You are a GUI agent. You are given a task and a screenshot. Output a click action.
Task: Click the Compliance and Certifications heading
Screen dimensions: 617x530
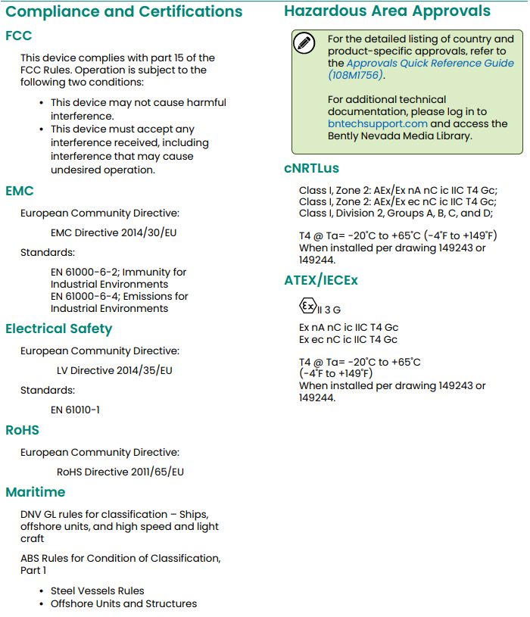(x=124, y=12)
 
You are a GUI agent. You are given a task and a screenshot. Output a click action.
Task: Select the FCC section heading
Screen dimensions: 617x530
(x=19, y=36)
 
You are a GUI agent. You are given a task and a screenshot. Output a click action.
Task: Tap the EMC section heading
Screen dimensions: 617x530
(x=20, y=192)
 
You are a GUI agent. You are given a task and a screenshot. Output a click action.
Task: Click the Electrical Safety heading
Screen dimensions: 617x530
(x=58, y=329)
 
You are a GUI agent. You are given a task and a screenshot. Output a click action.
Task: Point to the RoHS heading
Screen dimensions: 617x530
(x=22, y=430)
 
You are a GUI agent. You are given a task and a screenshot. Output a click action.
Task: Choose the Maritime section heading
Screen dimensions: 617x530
(x=36, y=492)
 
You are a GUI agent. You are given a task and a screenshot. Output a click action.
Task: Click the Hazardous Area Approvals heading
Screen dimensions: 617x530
(x=387, y=11)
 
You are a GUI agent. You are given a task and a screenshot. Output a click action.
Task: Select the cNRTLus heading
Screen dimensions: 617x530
(x=311, y=168)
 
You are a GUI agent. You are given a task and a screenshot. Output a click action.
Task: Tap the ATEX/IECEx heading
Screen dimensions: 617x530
(x=321, y=280)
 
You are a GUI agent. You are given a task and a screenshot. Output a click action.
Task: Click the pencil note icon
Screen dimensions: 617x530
(x=304, y=43)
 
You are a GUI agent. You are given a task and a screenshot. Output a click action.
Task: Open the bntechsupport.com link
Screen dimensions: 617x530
(x=378, y=123)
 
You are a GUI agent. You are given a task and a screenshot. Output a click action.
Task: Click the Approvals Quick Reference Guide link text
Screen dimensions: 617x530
(x=429, y=64)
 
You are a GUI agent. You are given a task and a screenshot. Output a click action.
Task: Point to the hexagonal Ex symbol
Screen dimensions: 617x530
(x=307, y=307)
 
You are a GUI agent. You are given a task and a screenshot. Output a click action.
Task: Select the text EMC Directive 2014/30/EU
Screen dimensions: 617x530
(x=114, y=232)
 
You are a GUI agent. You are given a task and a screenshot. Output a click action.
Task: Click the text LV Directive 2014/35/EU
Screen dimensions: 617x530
(x=114, y=371)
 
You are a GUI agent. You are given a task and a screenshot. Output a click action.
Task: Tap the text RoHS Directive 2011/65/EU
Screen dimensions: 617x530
(x=120, y=472)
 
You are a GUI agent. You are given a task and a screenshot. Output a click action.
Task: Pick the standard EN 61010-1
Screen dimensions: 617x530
(x=75, y=410)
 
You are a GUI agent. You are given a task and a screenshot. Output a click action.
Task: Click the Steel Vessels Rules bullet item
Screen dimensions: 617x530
(x=97, y=591)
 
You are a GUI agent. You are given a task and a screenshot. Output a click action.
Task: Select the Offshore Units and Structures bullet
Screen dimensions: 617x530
(x=123, y=603)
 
